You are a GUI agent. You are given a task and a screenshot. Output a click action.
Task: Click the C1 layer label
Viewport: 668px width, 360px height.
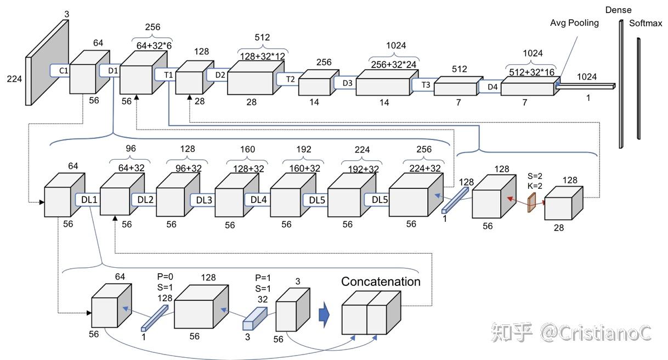(x=64, y=71)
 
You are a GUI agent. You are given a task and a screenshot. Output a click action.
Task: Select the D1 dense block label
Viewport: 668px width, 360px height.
(x=113, y=71)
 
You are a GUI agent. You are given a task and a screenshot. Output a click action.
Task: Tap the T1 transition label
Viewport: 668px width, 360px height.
(x=168, y=75)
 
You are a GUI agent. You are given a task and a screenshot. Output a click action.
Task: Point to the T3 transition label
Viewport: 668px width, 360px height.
(x=426, y=85)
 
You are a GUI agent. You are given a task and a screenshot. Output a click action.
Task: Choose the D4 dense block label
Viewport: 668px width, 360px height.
(x=492, y=87)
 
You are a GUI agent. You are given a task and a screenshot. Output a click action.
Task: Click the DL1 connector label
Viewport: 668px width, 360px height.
(x=89, y=200)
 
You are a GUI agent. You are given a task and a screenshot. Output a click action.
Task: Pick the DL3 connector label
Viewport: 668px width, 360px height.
(x=204, y=200)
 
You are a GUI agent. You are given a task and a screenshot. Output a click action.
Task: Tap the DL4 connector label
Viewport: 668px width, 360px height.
(x=258, y=200)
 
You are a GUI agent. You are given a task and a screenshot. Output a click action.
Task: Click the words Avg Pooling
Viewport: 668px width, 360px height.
(x=574, y=23)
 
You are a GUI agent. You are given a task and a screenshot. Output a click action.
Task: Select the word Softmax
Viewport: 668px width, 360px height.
(x=646, y=23)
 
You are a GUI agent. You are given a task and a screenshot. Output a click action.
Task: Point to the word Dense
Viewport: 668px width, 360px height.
(x=619, y=10)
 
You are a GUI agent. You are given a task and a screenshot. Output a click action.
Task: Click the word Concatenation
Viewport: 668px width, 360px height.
(x=381, y=282)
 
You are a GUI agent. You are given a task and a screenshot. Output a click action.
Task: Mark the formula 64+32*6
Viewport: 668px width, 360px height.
(x=154, y=46)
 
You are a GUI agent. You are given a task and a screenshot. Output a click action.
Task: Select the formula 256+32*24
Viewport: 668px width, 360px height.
(x=394, y=64)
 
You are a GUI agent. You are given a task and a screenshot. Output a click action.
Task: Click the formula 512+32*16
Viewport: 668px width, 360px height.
(x=532, y=72)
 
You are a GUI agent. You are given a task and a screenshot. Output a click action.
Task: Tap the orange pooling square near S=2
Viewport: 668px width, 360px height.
(x=532, y=203)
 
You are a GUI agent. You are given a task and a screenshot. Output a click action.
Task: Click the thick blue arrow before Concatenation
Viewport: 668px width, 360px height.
(x=324, y=314)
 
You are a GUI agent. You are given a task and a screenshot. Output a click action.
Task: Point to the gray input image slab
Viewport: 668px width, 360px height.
(x=47, y=63)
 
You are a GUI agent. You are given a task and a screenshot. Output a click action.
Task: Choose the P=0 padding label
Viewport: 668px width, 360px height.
(x=165, y=277)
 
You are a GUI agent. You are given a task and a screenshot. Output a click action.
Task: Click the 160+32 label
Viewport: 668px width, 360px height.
(x=304, y=168)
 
